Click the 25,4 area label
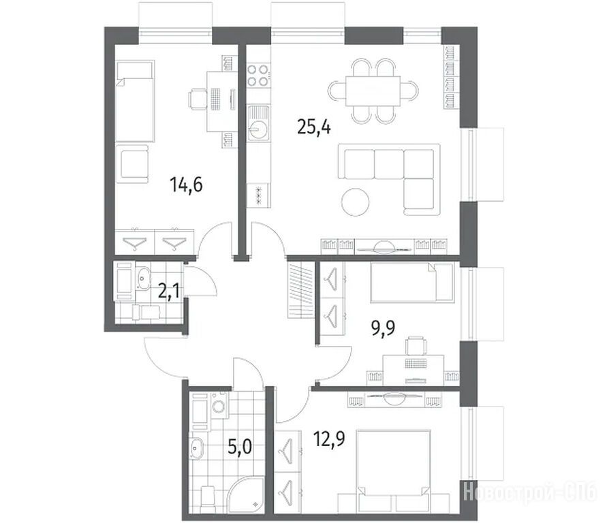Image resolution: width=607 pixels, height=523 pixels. coord(314,127)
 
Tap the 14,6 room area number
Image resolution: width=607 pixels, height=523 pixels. coord(186,185)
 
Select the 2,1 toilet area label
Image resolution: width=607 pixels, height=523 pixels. coord(168,291)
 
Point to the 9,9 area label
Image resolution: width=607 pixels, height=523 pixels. coord(383,328)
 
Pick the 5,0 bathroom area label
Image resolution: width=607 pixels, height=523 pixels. coord(240,447)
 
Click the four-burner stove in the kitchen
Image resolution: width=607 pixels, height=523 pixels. coord(258,75)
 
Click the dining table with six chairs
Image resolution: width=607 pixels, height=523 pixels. coord(373,91)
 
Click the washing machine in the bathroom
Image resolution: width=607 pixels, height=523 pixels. coord(219,406)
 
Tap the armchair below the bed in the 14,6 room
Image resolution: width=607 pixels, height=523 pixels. coord(133,164)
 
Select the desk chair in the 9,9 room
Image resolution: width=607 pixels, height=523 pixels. coord(416,345)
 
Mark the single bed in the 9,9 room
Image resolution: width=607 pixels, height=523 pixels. coord(411,282)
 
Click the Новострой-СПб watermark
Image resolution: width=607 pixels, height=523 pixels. coord(530,494)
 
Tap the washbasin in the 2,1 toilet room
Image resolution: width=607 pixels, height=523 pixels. coord(143,278)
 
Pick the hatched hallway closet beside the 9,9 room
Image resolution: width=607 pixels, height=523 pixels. coord(300,290)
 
